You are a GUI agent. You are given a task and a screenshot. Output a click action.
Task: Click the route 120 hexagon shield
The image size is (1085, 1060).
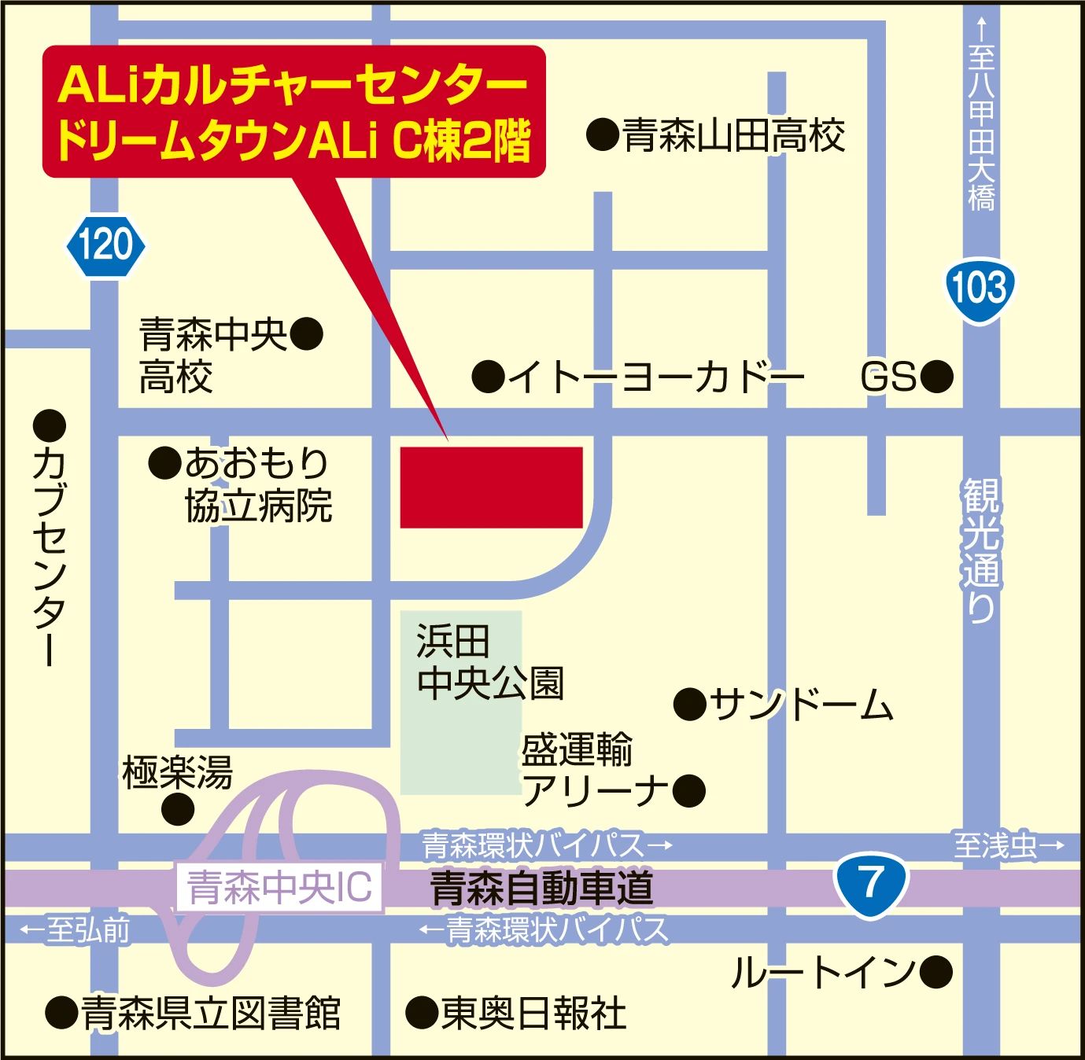pyautogui.click(x=106, y=245)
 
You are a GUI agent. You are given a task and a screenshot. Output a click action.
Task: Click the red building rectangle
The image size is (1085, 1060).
pyautogui.click(x=491, y=487)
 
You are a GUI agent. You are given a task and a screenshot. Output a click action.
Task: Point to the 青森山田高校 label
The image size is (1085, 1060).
pyautogui.click(x=734, y=135)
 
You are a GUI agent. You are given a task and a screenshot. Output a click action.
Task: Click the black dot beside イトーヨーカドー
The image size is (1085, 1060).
pyautogui.click(x=488, y=377)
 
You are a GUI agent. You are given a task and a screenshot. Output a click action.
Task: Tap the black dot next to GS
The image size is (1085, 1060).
pyautogui.click(x=936, y=377)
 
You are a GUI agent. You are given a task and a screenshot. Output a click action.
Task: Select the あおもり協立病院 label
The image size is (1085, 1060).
pyautogui.click(x=257, y=484)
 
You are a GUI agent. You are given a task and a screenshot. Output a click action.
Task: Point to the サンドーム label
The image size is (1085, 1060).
pyautogui.click(x=801, y=704)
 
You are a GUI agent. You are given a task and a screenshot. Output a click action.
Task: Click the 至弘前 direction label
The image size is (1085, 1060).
pyautogui.click(x=76, y=930)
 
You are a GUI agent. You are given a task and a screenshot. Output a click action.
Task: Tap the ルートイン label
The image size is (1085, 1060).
pyautogui.click(x=822, y=972)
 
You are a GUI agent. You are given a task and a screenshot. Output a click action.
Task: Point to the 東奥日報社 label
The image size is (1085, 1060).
pyautogui.click(x=533, y=1013)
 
